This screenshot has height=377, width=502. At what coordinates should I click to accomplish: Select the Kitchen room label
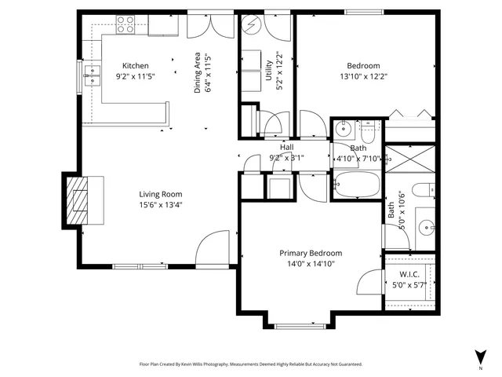[135, 66]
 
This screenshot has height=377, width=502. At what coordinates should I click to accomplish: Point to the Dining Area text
[198, 74]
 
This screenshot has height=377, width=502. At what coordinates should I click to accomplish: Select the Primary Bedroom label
[311, 253]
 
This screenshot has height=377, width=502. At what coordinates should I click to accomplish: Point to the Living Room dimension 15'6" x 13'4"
[160, 206]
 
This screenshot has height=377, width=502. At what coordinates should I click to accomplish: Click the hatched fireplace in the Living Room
[78, 200]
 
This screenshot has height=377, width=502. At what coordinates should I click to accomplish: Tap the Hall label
[286, 147]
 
